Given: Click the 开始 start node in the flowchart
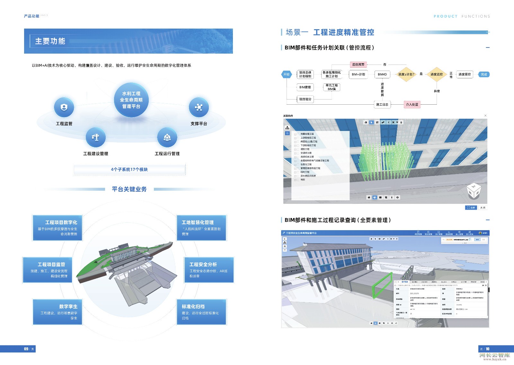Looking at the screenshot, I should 286,74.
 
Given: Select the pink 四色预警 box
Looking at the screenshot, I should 358,65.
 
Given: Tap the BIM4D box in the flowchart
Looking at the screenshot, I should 382,74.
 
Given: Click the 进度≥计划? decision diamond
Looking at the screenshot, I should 406,74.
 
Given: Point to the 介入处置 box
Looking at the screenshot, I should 412,104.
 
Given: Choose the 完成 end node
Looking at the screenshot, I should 484,74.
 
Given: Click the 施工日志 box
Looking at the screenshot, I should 382,104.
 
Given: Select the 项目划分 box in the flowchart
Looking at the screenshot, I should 305,99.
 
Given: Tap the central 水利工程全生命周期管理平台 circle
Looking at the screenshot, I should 131,100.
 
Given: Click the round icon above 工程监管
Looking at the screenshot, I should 64,107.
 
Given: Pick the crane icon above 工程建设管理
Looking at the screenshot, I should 95,137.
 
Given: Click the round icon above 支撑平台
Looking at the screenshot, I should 199,107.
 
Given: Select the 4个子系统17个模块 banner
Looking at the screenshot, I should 129,169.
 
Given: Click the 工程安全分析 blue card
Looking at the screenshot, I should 209,270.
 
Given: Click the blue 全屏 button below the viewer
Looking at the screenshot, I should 471,208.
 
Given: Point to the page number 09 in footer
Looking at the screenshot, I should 26,349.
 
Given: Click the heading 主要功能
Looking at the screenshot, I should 50,41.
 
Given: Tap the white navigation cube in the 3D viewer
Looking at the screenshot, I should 474,191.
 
